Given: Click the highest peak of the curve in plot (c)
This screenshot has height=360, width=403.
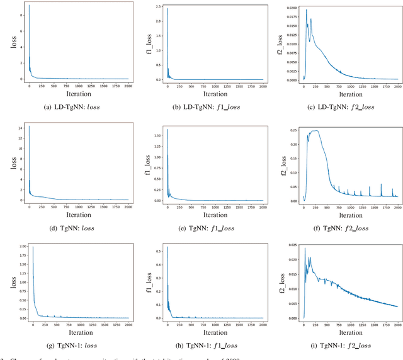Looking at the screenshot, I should [x=307, y=9].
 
